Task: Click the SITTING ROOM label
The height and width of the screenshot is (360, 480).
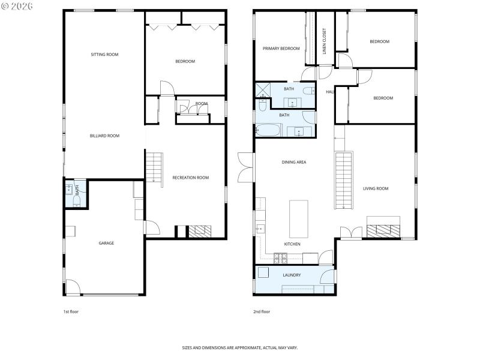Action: click(104, 55)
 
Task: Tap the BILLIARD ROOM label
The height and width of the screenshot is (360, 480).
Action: click(104, 136)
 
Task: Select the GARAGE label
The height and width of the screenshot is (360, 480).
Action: click(106, 243)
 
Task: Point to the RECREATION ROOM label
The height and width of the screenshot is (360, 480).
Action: click(190, 178)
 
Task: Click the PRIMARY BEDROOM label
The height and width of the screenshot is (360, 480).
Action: click(281, 49)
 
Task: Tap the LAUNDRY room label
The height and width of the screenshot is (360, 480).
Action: click(292, 275)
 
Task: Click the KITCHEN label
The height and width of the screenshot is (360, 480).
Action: click(292, 244)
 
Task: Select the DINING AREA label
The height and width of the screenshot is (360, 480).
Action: click(294, 162)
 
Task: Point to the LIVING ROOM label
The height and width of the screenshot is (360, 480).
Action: click(376, 188)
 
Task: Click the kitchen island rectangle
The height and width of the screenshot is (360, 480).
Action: click(298, 219)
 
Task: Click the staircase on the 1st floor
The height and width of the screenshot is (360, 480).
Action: click(154, 167)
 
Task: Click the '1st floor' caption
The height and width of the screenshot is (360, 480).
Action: click(71, 312)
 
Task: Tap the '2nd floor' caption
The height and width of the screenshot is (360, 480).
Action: click(262, 312)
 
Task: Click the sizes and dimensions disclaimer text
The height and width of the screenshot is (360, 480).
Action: click(240, 347)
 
